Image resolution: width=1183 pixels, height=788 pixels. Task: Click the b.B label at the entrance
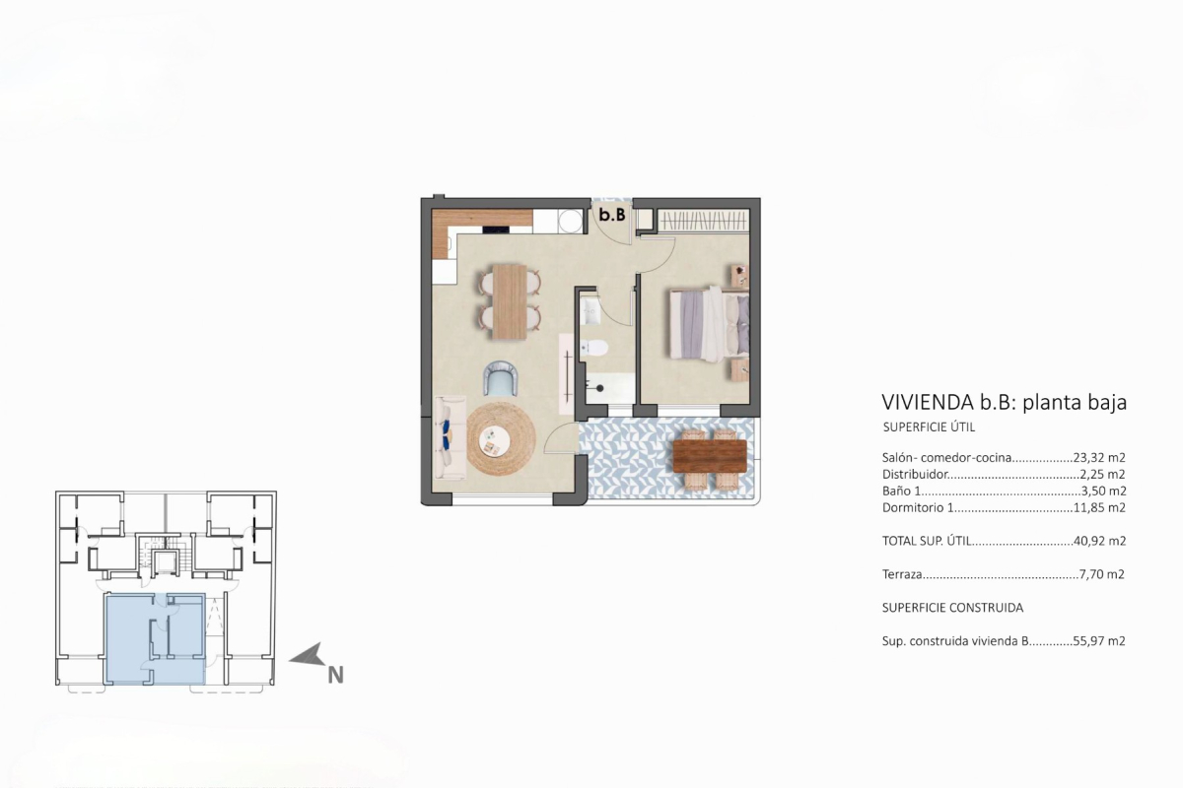point(612,215)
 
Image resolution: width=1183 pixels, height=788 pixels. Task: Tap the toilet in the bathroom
point(594,348)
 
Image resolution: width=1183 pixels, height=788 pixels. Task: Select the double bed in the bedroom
point(710,324)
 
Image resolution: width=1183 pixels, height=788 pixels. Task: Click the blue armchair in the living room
point(500,378)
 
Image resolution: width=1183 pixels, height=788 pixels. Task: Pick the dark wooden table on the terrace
point(710,456)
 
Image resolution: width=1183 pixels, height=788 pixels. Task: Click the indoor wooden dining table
point(510,301)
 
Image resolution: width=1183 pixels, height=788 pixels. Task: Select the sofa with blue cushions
point(450,438)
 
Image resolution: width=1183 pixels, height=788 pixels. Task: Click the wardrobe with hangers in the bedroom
point(704,220)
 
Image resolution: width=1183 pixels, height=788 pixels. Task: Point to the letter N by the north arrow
point(336,675)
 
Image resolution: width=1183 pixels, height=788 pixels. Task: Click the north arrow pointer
point(308,655)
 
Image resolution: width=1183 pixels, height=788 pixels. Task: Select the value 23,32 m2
point(1099,458)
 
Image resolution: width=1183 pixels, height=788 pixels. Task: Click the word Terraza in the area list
point(902,574)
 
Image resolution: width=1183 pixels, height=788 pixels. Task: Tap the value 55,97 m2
point(1099,641)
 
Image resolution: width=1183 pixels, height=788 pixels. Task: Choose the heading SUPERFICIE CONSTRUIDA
point(952,608)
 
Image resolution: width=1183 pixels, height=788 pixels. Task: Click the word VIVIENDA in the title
point(928,402)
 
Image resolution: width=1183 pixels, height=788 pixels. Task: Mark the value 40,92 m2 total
point(1100,541)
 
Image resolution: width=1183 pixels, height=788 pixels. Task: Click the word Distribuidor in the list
point(915,475)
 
